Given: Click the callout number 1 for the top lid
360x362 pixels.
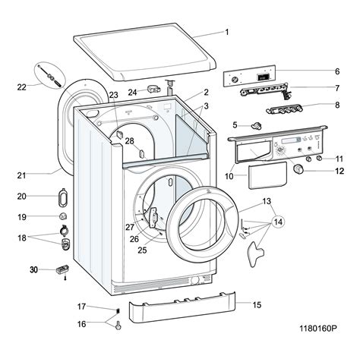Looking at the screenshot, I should click(x=226, y=33).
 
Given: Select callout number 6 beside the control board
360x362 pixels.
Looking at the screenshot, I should click(x=336, y=71).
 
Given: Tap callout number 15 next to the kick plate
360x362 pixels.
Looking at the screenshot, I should click(x=257, y=304).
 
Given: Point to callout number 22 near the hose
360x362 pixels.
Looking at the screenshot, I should click(x=21, y=87).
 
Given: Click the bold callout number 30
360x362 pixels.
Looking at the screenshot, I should click(x=33, y=269).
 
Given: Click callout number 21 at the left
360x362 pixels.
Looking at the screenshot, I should click(x=21, y=176).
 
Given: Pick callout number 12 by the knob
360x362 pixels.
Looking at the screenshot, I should click(x=339, y=172).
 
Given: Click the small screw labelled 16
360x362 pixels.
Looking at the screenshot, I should click(x=118, y=326).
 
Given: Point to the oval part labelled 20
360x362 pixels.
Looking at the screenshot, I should click(x=61, y=199).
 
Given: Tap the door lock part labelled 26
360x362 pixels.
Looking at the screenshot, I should click(x=155, y=219).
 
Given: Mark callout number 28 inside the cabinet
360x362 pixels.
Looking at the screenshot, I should click(x=129, y=142).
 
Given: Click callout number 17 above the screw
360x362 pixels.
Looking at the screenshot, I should click(x=81, y=307).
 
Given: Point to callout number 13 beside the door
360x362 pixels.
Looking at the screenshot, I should click(x=267, y=201).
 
